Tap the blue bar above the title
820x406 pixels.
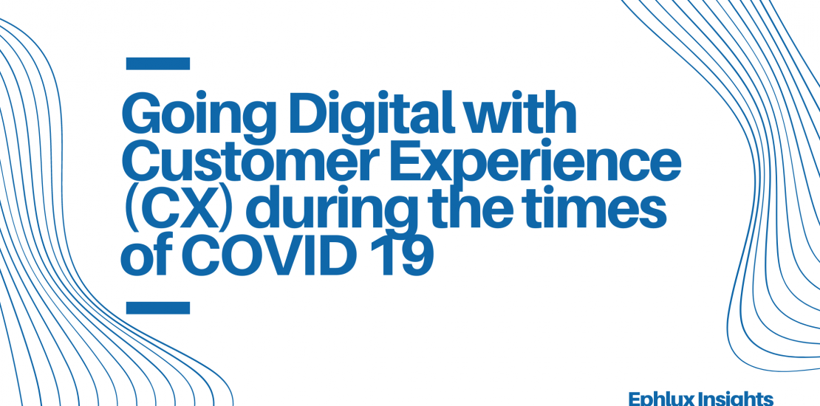(158, 63)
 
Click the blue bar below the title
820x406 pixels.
(158, 308)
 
